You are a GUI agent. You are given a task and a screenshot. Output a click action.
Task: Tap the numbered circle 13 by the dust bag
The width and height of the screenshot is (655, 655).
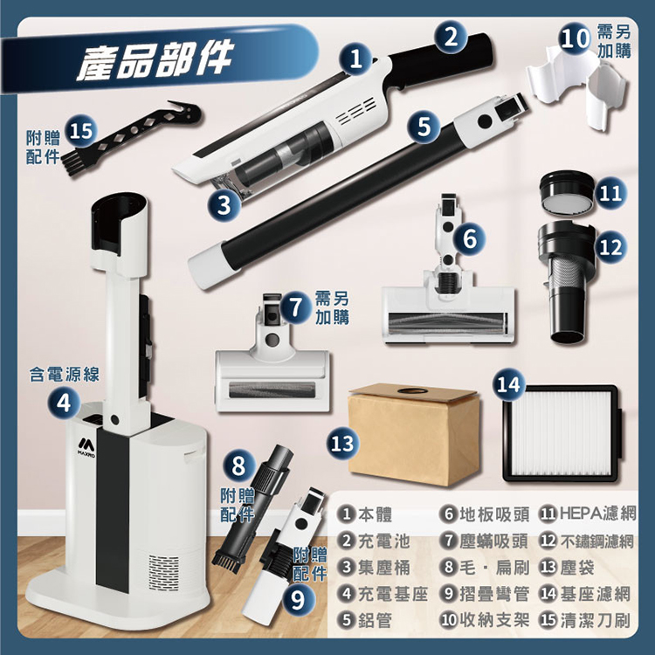(x=343, y=443)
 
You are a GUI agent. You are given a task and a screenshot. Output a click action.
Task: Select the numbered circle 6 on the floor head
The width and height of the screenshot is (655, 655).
(x=469, y=238)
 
